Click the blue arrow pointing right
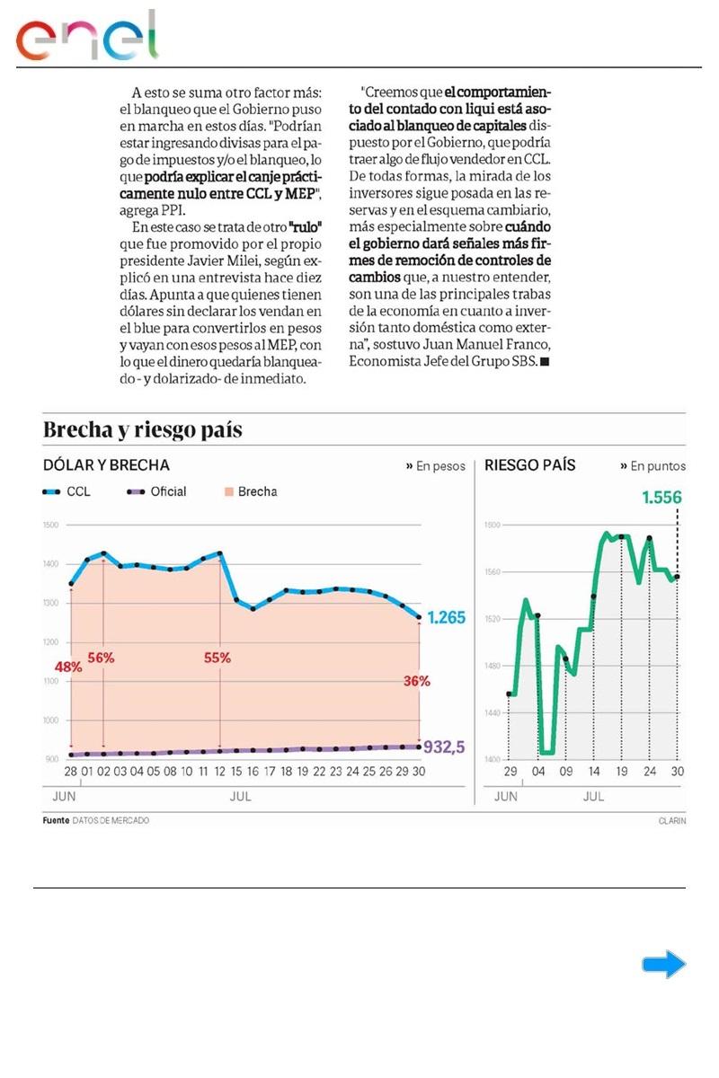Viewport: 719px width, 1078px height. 663,965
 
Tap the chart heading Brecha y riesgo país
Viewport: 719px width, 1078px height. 143,429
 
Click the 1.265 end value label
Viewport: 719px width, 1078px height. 446,618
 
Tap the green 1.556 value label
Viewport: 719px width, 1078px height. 661,497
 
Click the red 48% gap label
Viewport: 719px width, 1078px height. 68,667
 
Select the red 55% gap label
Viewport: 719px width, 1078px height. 217,657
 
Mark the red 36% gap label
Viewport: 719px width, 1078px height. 416,681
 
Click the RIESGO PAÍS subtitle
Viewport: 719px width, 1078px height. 529,465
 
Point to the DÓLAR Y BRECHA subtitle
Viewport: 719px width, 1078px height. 106,465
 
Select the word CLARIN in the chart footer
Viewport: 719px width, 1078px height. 671,820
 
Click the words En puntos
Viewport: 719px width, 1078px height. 657,466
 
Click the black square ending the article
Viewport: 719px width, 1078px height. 545,361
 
